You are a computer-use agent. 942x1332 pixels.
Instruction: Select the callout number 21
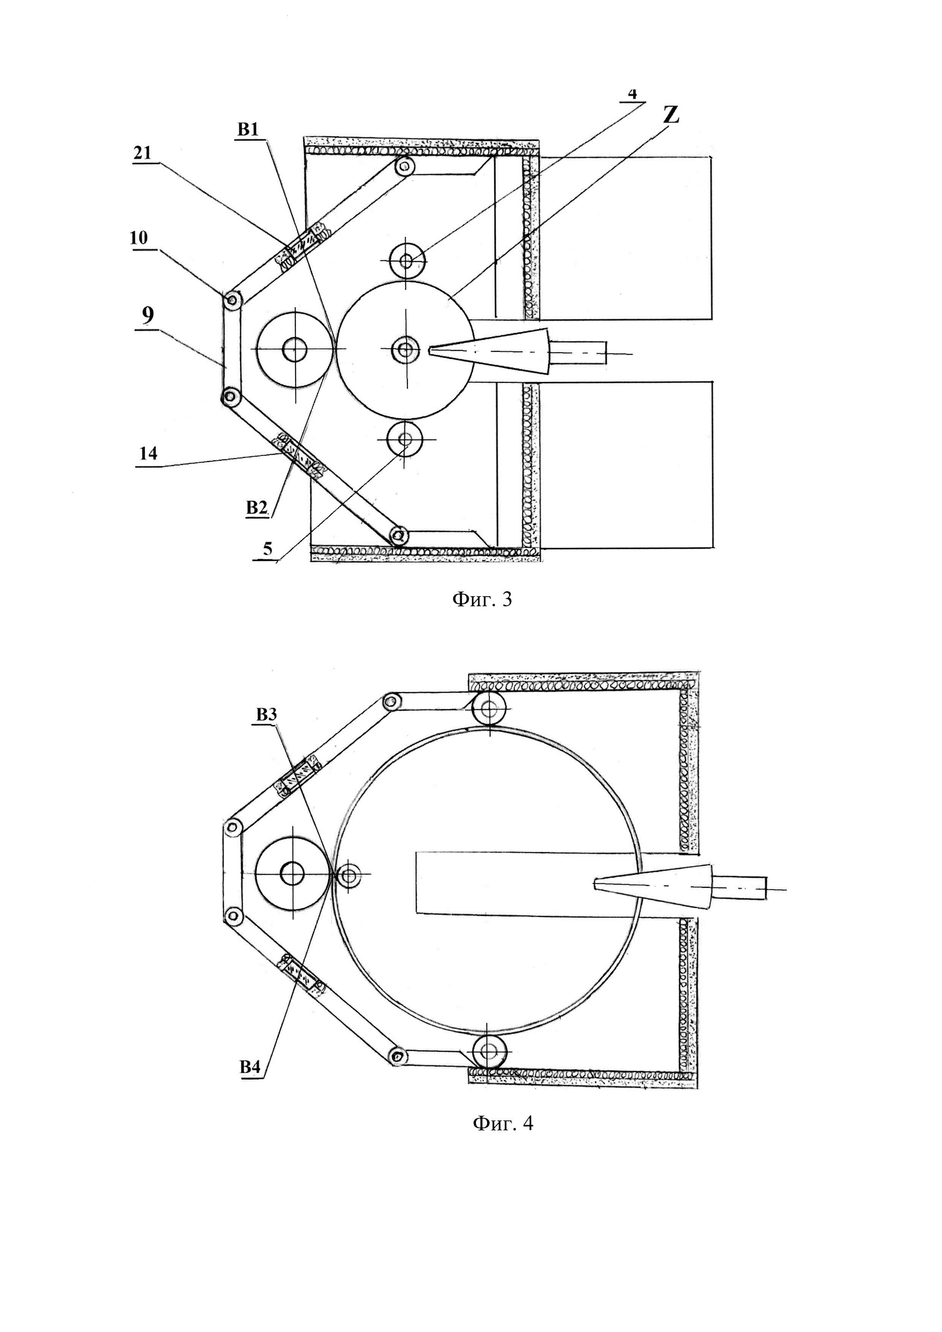click(x=142, y=153)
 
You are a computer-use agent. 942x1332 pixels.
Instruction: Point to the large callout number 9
click(x=147, y=316)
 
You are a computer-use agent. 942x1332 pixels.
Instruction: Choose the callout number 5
click(x=267, y=549)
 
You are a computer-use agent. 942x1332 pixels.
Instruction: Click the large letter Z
click(x=671, y=114)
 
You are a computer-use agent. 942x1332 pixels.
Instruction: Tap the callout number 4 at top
click(x=632, y=94)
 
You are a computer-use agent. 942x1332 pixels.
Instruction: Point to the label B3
click(x=266, y=715)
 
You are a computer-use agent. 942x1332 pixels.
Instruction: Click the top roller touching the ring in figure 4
click(x=489, y=707)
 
